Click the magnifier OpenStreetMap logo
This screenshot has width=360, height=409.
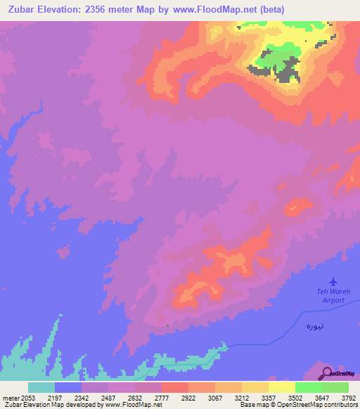coord(328,373)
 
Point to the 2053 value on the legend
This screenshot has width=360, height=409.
coord(28,398)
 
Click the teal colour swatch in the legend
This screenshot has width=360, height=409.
coord(41,387)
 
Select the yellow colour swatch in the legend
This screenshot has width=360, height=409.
coord(281,387)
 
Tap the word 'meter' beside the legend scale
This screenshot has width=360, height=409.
coord(11,398)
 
